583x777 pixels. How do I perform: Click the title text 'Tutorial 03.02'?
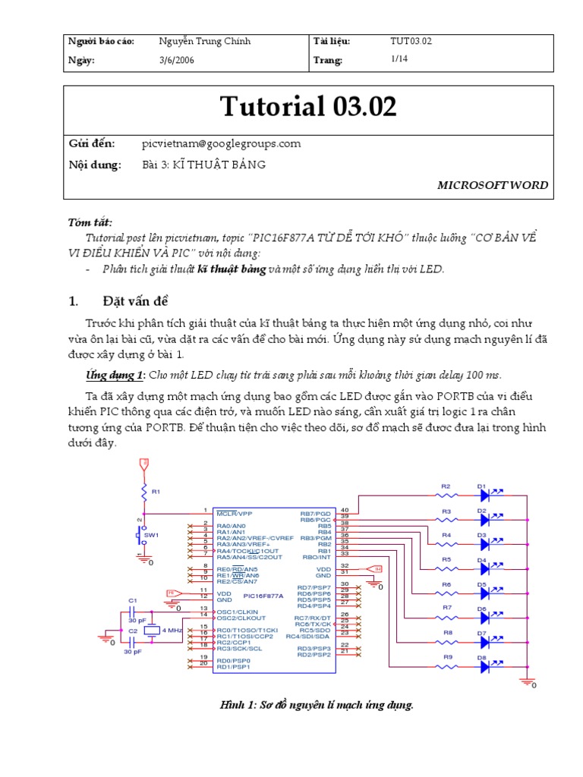pyautogui.click(x=308, y=107)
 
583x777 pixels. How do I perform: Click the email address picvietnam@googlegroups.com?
pyautogui.click(x=221, y=143)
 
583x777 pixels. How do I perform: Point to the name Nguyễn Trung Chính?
pyautogui.click(x=204, y=41)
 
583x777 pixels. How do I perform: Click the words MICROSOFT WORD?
pyautogui.click(x=493, y=185)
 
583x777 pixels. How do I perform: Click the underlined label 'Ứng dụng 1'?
pyautogui.click(x=114, y=376)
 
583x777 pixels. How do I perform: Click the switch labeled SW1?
pyautogui.click(x=142, y=536)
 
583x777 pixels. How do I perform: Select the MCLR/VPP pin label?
pyautogui.click(x=233, y=512)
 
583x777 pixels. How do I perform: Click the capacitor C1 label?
pyautogui.click(x=132, y=599)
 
